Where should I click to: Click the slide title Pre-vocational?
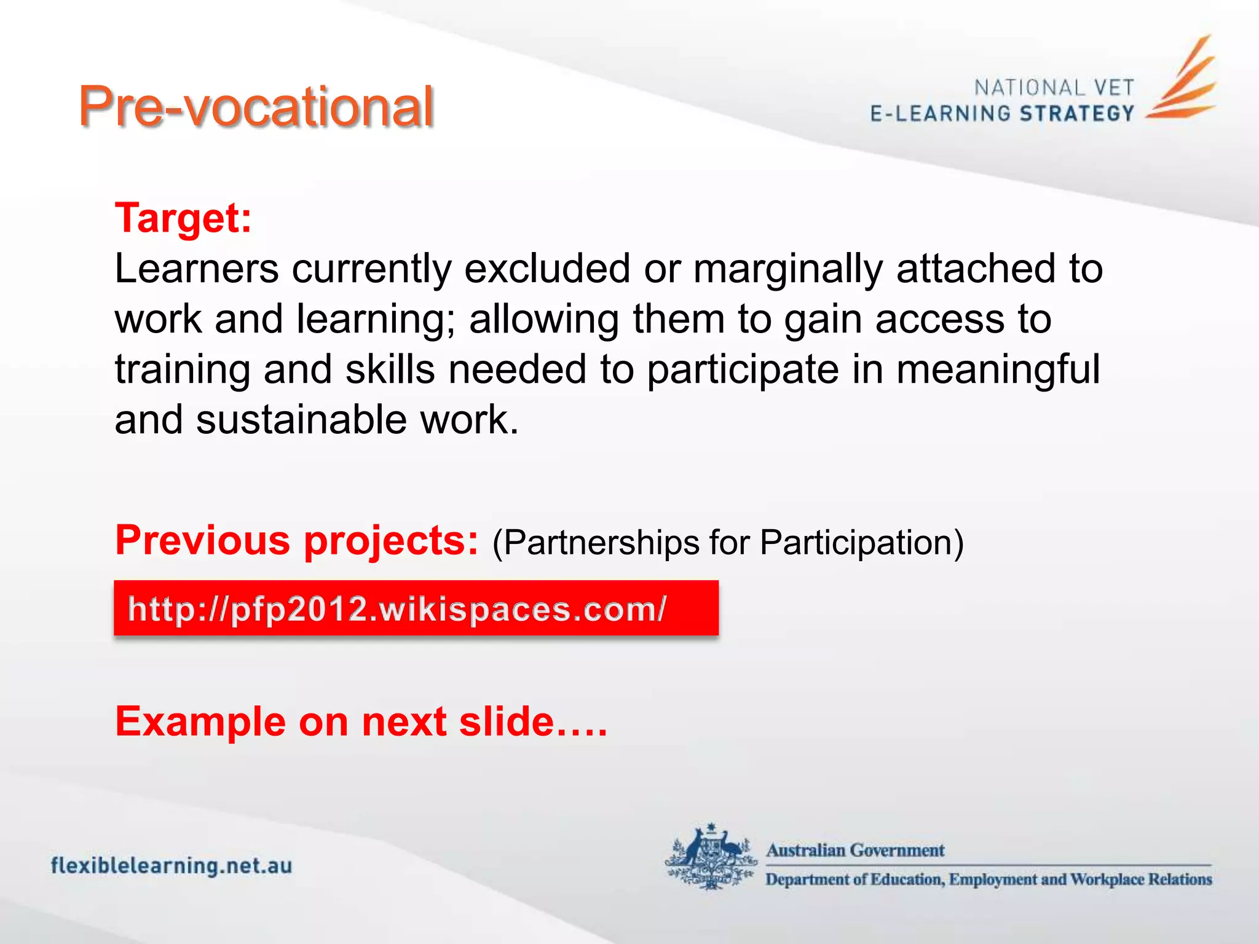click(x=256, y=107)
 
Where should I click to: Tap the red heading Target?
click(x=183, y=218)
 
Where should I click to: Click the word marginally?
click(x=788, y=270)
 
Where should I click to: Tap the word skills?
click(x=390, y=369)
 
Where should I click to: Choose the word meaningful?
click(x=998, y=371)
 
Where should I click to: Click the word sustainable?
click(x=301, y=420)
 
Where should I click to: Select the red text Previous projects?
click(x=296, y=541)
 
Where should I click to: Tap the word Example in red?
click(x=200, y=722)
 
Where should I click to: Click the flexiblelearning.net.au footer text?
click(x=172, y=866)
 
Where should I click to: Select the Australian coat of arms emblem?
click(x=711, y=856)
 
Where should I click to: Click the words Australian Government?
click(x=855, y=851)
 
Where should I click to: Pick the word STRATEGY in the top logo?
click(x=1076, y=114)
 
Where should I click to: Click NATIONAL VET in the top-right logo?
click(x=1054, y=88)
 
